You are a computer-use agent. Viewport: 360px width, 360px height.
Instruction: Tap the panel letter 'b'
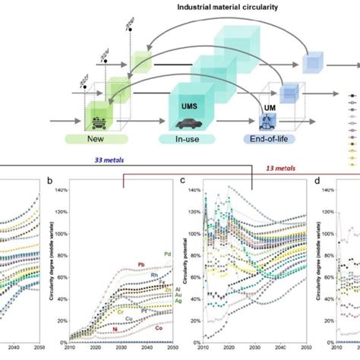click(x=49, y=183)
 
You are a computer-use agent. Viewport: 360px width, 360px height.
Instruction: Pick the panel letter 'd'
click(x=318, y=183)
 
